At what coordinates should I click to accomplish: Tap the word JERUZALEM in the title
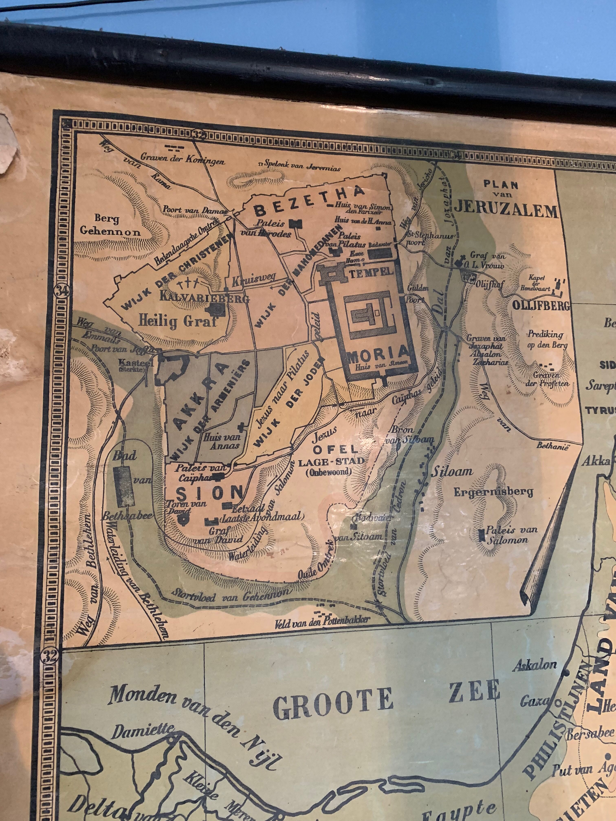pos(506,211)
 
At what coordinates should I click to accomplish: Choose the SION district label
pos(209,493)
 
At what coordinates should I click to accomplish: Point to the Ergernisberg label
pos(493,493)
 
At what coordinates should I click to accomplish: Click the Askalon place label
pos(535,665)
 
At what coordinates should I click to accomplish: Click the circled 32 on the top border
pos(199,135)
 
